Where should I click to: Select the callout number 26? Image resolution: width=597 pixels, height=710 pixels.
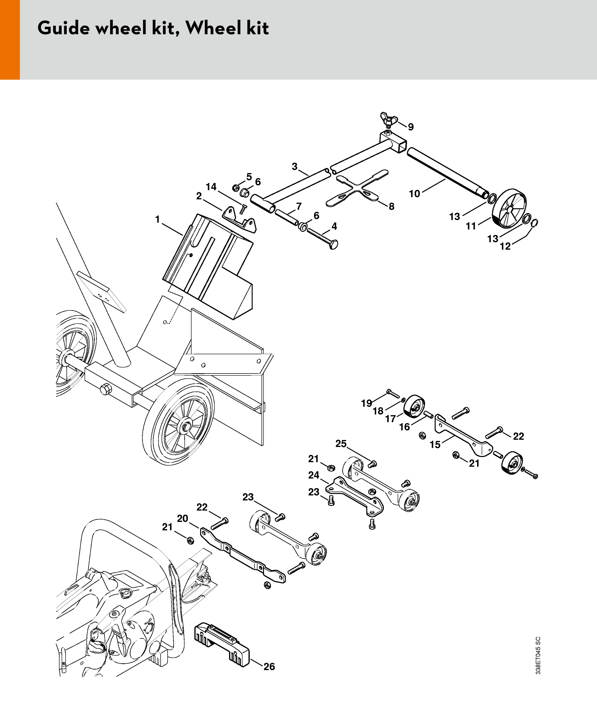(x=269, y=667)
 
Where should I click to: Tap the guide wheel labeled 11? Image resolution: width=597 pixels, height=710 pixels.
(x=509, y=208)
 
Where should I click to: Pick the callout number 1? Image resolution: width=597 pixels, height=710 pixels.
(x=157, y=219)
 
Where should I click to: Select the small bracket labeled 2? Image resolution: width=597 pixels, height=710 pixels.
(x=239, y=219)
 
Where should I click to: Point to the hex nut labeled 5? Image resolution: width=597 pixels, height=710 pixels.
(x=236, y=188)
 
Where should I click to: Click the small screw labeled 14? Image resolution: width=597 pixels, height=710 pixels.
(x=243, y=209)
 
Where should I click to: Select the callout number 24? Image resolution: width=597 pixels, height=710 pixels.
(x=314, y=475)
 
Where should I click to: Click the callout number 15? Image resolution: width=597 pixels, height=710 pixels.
(x=435, y=445)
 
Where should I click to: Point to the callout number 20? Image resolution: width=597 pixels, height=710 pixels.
(x=183, y=518)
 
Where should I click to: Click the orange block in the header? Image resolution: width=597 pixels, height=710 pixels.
(x=10, y=40)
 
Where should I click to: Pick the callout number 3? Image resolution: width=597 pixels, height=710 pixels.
(x=294, y=167)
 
